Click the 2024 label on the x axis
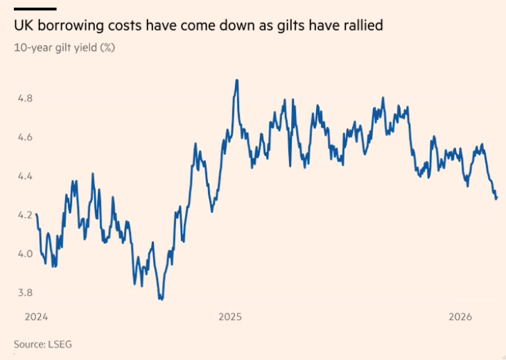pos(35,317)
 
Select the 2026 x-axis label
pos(461,317)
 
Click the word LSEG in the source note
pos(60,344)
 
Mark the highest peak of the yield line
pos(237,80)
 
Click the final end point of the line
pos(497,198)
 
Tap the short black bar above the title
pos(35,8)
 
